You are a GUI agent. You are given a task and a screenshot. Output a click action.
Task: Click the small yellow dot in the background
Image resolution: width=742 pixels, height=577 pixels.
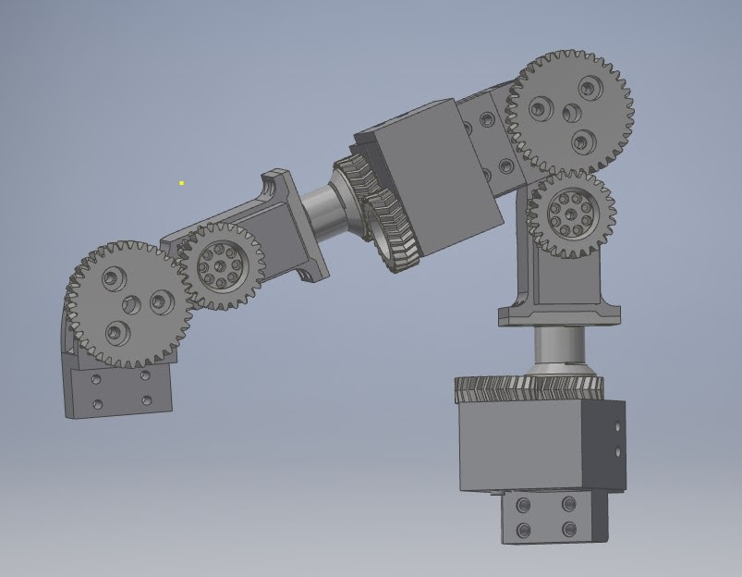[181, 183]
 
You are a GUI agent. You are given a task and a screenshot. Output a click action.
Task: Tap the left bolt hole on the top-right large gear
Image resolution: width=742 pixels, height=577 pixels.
[541, 109]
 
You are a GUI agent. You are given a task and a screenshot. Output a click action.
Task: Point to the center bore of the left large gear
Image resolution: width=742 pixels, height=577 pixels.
[131, 304]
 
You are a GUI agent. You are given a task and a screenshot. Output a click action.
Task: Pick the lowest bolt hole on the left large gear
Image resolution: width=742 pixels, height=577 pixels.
[114, 329]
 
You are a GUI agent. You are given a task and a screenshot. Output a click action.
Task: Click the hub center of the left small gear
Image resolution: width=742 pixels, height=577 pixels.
[220, 269]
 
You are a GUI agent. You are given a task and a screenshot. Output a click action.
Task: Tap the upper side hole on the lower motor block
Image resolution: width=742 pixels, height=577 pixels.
[616, 428]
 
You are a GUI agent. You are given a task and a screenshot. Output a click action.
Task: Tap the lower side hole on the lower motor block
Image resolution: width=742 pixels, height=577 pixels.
[616, 452]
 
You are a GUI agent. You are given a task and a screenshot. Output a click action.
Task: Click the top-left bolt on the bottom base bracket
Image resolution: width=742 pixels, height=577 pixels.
[524, 505]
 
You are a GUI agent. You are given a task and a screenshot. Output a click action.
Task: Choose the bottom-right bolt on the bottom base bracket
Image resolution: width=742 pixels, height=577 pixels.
[567, 530]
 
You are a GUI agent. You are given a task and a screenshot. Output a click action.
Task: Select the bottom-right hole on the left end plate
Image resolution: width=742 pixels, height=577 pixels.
[146, 400]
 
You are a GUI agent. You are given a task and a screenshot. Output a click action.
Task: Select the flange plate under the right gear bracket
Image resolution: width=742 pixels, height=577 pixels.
[559, 315]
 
